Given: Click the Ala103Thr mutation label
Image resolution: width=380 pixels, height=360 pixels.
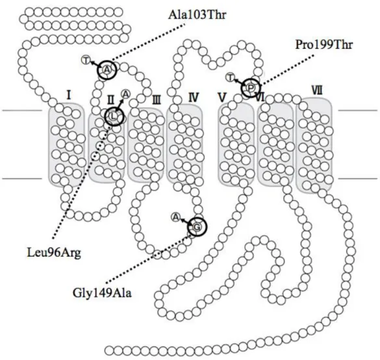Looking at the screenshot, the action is pyautogui.click(x=197, y=15).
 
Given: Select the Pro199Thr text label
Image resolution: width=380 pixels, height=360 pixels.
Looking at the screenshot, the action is pyautogui.click(x=323, y=45).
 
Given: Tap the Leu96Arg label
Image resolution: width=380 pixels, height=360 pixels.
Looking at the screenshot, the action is pyautogui.click(x=54, y=253).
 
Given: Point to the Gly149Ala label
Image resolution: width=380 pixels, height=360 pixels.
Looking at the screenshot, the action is pyautogui.click(x=102, y=293).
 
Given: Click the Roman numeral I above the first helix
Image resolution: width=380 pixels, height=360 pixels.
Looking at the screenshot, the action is pyautogui.click(x=69, y=96).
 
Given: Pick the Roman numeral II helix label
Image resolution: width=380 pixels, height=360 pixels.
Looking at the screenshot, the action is pyautogui.click(x=110, y=100).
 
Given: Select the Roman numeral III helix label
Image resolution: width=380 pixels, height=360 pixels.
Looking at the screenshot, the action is pyautogui.click(x=156, y=100).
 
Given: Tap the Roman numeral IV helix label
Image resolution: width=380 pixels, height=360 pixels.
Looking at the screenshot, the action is pyautogui.click(x=194, y=97).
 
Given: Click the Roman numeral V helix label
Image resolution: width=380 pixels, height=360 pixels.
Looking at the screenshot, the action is pyautogui.click(x=222, y=97).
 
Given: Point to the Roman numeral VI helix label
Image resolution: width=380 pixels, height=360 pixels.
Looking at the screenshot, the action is pyautogui.click(x=260, y=97).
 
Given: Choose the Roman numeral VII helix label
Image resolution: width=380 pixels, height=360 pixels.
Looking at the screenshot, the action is pyautogui.click(x=317, y=92).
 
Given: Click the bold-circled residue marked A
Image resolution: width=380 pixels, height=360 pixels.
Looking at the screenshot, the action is pyautogui.click(x=107, y=70).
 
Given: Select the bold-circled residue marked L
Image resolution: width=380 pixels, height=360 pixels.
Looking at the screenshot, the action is pyautogui.click(x=114, y=116).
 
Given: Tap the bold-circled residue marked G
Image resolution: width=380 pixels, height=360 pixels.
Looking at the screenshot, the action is pyautogui.click(x=197, y=227).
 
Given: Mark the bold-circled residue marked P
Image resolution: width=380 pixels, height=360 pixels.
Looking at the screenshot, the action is pyautogui.click(x=251, y=88).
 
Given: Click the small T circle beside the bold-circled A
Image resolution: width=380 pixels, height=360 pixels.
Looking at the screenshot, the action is pyautogui.click(x=86, y=60).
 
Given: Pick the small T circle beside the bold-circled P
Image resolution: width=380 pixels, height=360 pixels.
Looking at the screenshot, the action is pyautogui.click(x=230, y=77).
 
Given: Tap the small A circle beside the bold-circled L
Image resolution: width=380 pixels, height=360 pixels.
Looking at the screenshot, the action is pyautogui.click(x=126, y=94).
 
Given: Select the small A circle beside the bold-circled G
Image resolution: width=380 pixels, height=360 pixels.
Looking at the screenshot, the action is pyautogui.click(x=175, y=217).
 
